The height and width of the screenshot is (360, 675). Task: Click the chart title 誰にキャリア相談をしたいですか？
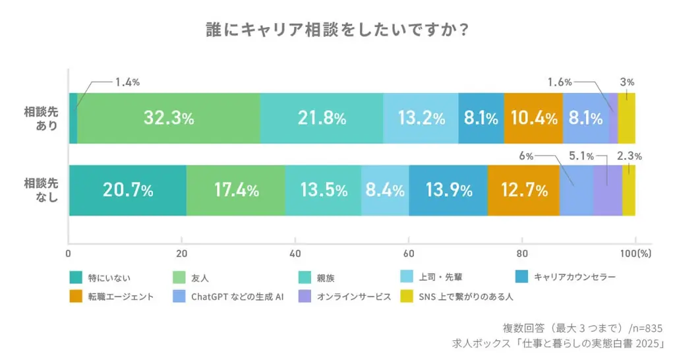tap(337, 30)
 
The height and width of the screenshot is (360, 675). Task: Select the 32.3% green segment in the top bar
tap(169, 118)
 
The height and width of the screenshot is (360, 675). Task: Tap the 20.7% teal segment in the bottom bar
tap(128, 191)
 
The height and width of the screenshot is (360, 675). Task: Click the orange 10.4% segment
tap(533, 118)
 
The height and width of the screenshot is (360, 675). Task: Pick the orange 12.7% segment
tap(523, 191)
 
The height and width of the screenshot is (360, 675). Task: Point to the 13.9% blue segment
tap(448, 191)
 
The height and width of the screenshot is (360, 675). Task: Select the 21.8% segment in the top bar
tap(322, 118)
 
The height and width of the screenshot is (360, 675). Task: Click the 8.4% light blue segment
tap(385, 191)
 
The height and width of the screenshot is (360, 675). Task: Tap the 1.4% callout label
tap(127, 82)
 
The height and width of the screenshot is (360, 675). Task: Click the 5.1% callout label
tap(581, 156)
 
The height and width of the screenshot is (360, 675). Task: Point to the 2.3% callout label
tap(629, 156)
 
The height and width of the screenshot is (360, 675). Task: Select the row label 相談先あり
tap(41, 118)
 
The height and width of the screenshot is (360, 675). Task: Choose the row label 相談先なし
tap(41, 191)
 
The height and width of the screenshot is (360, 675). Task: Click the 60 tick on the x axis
tap(408, 253)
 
